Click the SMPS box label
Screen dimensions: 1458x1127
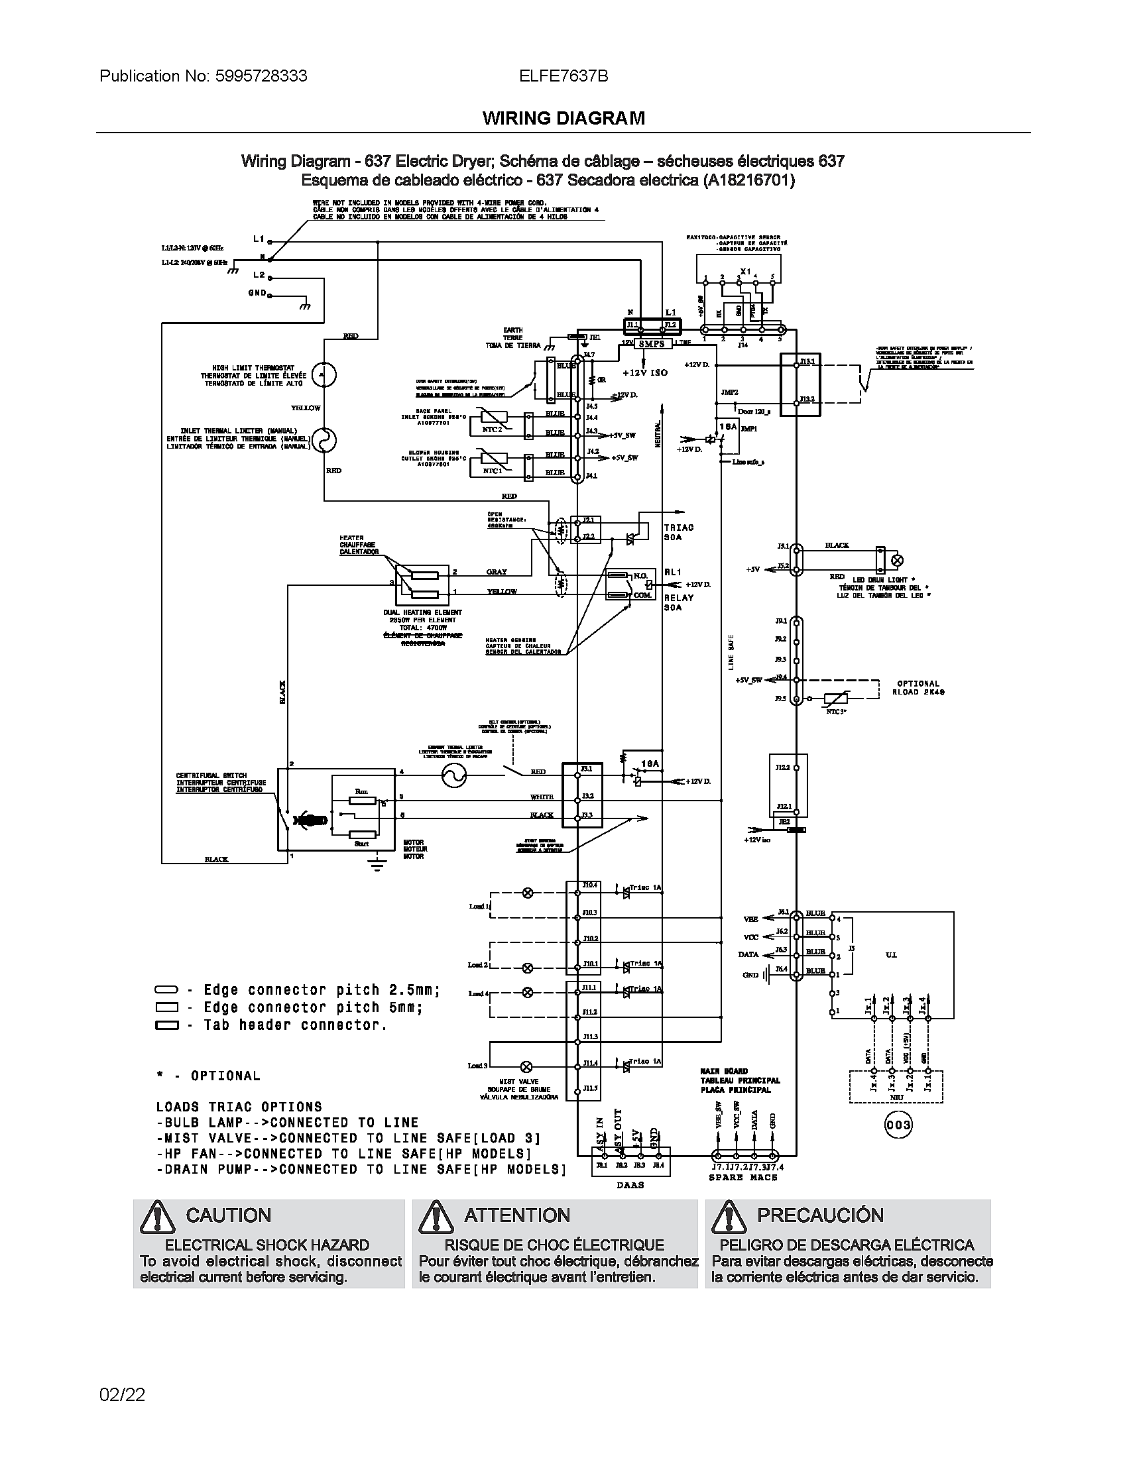pyautogui.click(x=651, y=344)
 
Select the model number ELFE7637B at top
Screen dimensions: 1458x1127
pyautogui.click(x=563, y=76)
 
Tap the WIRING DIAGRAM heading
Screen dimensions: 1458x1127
pyautogui.click(x=563, y=119)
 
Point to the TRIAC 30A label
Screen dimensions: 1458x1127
pyautogui.click(x=679, y=532)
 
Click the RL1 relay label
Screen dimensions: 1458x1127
pyautogui.click(x=672, y=572)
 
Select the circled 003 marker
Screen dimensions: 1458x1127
pyautogui.click(x=898, y=1125)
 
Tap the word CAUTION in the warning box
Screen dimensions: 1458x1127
pyautogui.click(x=228, y=1215)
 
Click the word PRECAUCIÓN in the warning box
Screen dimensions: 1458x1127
pyautogui.click(x=820, y=1215)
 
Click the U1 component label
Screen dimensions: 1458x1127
pyautogui.click(x=890, y=954)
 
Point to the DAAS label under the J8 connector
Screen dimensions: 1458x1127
pyautogui.click(x=630, y=1185)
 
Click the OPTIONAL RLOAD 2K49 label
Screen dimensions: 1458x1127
pyautogui.click(x=918, y=688)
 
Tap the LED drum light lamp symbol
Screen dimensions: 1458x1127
pyautogui.click(x=898, y=559)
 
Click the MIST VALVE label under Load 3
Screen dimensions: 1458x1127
pyautogui.click(x=519, y=1082)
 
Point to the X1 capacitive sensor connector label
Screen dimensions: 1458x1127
pyautogui.click(x=746, y=271)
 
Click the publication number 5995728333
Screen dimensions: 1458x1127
pyautogui.click(x=261, y=76)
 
